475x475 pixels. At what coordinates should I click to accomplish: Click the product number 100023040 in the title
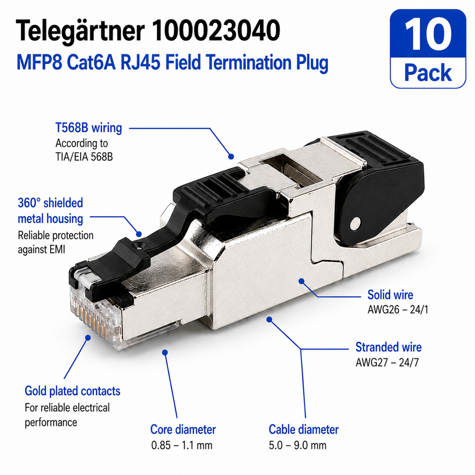coord(216,30)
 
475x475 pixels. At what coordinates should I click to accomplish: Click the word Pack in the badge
coord(428,73)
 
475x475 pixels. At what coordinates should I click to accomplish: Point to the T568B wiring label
coord(89,128)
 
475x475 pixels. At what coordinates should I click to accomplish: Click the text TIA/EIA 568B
coord(84,157)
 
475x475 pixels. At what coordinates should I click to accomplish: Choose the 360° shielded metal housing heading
coord(50,211)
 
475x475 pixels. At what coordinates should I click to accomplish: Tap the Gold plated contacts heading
coord(72,391)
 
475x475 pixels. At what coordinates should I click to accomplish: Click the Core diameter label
coord(183,430)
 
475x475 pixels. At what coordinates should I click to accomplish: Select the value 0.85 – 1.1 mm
coord(182,445)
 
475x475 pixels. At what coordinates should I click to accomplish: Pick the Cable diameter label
coord(303,430)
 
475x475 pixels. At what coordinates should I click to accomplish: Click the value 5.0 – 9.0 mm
coord(297,445)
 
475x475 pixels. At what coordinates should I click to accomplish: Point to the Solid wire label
coord(390,295)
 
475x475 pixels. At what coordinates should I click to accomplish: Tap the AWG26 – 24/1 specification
coord(398,309)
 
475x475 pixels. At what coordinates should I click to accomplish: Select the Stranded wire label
coord(388,347)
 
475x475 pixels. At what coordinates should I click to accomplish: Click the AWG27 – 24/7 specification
coord(387,362)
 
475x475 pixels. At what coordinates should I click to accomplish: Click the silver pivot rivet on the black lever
coord(355,224)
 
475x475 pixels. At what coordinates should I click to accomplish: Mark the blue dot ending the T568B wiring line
coord(231,157)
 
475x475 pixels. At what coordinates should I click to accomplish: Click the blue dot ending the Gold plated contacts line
coord(88,338)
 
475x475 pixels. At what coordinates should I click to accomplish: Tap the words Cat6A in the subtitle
coord(91,62)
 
